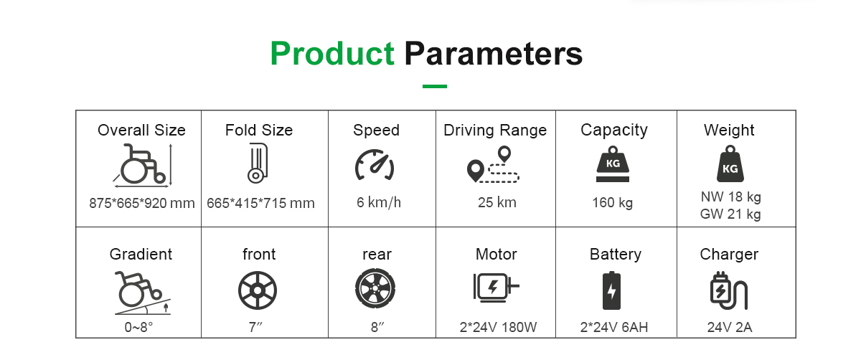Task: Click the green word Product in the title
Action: point(332,53)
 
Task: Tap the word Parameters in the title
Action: point(494,53)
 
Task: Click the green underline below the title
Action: point(434,87)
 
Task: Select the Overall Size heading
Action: point(141,131)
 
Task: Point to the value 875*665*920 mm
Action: point(142,203)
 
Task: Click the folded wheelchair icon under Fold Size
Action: point(258,164)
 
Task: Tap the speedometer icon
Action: point(375,165)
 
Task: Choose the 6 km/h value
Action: point(379,202)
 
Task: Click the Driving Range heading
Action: point(495,131)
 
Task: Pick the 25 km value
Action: point(497,202)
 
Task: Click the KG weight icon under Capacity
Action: point(613,164)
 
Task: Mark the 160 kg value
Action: point(612,202)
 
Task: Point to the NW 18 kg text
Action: point(730,196)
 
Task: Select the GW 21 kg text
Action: point(730,214)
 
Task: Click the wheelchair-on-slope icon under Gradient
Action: point(142,293)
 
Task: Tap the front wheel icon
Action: point(258,290)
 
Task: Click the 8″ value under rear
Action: point(377,327)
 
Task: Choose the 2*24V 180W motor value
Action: point(498,327)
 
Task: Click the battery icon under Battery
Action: point(611,290)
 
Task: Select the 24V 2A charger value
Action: point(730,327)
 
